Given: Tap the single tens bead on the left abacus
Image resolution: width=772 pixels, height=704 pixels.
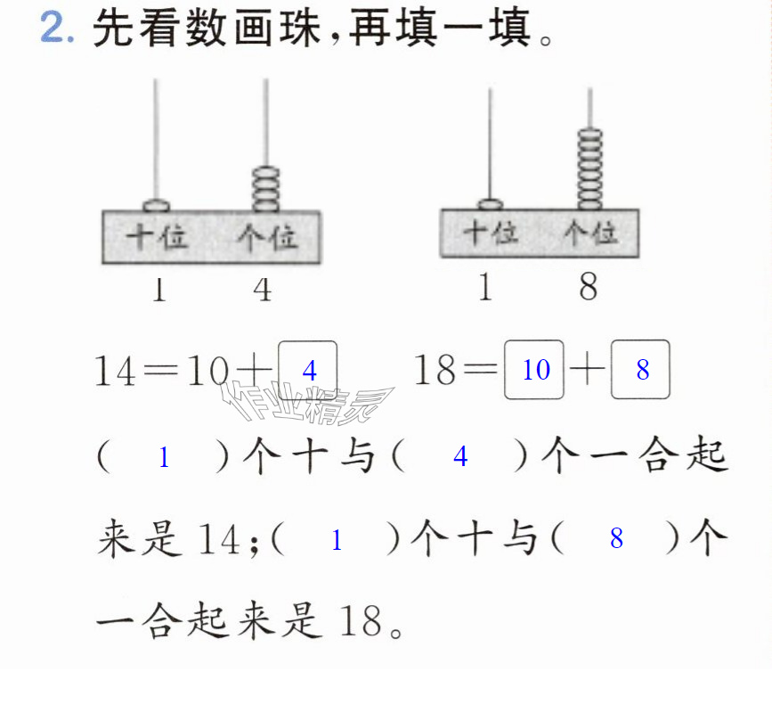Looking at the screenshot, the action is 157,205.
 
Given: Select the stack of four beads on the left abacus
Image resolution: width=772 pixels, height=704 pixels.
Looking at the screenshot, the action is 266,189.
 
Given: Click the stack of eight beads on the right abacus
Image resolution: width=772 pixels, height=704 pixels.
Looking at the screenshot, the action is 589,169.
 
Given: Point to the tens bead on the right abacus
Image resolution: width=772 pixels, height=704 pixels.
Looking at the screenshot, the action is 491,204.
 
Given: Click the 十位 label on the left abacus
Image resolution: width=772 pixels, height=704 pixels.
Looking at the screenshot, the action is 157,236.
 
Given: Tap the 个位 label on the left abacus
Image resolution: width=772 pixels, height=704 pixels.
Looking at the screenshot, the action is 267,237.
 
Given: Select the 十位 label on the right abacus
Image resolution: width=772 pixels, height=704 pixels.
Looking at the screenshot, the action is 491,233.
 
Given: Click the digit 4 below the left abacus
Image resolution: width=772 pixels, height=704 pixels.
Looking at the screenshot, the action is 263,290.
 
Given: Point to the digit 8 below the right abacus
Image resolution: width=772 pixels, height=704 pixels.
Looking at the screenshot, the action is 589,287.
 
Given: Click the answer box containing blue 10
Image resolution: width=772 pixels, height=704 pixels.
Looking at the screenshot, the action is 534,370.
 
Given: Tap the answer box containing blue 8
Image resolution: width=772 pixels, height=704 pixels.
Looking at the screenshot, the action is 640,370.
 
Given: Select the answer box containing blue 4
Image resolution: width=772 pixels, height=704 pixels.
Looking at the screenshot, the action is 308,371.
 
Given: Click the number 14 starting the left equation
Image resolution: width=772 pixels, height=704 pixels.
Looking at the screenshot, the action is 115,371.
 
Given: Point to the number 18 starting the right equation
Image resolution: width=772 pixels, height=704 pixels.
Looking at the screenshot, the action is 435,370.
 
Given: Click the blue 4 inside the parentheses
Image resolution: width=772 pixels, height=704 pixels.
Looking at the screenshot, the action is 460,456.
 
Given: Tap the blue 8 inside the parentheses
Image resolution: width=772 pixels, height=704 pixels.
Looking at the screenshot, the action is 616,538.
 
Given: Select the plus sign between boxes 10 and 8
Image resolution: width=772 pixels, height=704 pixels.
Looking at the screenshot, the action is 588,369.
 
